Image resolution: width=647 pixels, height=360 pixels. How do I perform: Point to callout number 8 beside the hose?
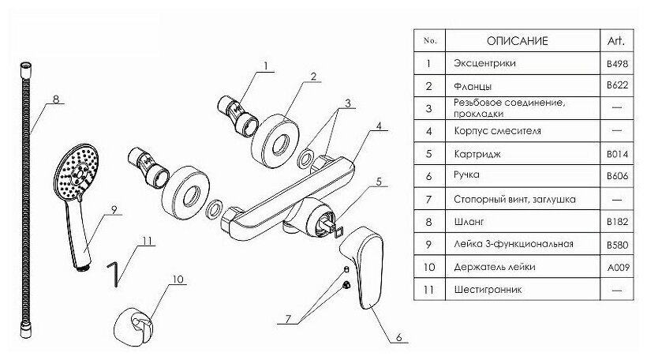(x=56, y=99)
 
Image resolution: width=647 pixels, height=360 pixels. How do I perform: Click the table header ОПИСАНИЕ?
(x=517, y=40)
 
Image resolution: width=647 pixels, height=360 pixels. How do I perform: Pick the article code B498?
(x=617, y=62)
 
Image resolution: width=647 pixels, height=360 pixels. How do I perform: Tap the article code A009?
(x=617, y=268)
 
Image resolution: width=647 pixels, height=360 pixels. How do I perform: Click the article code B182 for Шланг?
(x=617, y=223)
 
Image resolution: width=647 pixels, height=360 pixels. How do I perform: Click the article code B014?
(x=617, y=155)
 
